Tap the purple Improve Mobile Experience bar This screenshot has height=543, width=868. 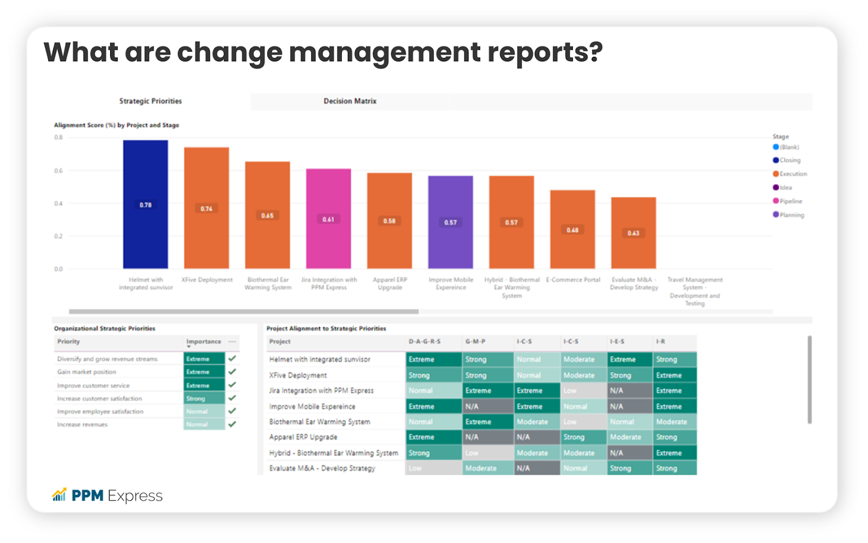pos(450,244)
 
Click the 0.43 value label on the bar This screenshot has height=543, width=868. pos(634,233)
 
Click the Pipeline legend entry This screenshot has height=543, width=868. pos(790,201)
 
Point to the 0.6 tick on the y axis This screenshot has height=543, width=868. pos(59,171)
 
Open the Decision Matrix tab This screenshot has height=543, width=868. pos(350,101)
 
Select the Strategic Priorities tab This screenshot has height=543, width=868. pos(151,101)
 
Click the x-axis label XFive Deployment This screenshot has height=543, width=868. pos(207,280)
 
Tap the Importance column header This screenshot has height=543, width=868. pos(203,342)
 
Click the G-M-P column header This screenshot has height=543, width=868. pos(475,342)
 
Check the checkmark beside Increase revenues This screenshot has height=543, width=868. pos(232,424)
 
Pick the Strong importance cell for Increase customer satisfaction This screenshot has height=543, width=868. pos(204,399)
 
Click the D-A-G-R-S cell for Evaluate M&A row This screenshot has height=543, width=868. pos(432,468)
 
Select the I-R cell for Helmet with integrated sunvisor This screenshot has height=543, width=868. pos(674,359)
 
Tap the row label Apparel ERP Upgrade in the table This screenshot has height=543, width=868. pos(303,437)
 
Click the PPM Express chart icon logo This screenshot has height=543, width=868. pos(59,495)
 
